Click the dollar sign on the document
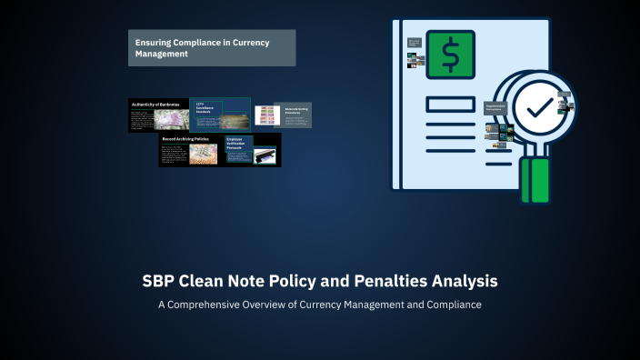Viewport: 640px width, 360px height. [450, 54]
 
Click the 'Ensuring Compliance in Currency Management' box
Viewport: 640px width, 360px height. [211, 47]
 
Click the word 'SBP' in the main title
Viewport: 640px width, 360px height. [159, 281]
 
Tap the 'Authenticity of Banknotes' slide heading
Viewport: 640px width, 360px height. [156, 105]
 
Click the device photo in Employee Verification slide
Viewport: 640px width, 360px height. [265, 156]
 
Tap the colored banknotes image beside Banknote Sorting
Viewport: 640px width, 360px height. [265, 114]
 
